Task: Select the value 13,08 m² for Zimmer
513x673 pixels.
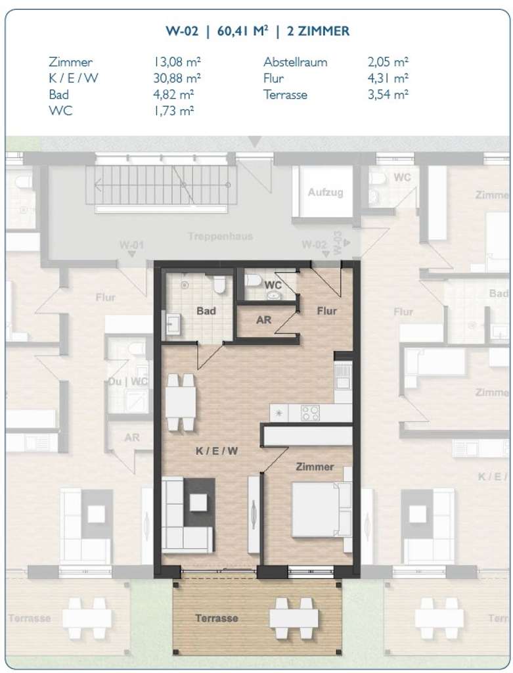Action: point(177,62)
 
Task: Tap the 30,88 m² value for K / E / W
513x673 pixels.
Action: point(177,78)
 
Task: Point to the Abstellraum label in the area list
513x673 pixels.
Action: point(295,62)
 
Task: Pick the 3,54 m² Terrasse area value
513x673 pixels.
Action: point(388,95)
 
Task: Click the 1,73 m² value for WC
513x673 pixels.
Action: point(173,110)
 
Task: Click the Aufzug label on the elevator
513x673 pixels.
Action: point(326,193)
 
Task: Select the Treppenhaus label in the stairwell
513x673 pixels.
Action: point(219,236)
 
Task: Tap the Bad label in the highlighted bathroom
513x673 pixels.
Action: point(206,311)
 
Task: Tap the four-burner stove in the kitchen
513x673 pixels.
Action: point(310,413)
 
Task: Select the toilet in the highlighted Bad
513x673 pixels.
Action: point(221,285)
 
